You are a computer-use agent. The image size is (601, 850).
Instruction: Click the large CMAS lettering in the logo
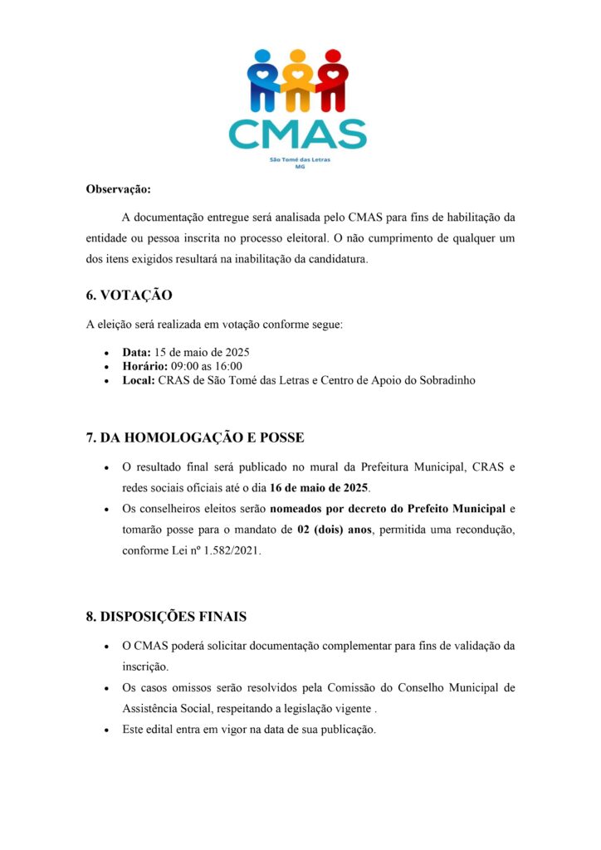(297, 134)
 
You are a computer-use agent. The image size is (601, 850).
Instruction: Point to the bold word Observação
(119, 189)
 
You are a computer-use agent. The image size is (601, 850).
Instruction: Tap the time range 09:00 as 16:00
(207, 366)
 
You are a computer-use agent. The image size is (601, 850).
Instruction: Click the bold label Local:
(138, 380)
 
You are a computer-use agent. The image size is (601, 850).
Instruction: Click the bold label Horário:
(145, 366)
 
